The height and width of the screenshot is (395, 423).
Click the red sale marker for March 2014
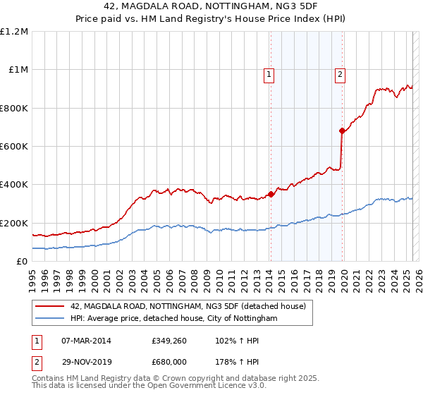pyautogui.click(x=271, y=194)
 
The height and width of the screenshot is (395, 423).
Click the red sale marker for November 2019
pyautogui.click(x=342, y=130)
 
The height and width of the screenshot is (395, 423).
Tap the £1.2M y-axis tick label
pyautogui.click(x=16, y=32)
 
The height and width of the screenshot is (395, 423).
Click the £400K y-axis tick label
pyautogui.click(x=15, y=185)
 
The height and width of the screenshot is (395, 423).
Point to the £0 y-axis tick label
pyautogui.click(x=23, y=261)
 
